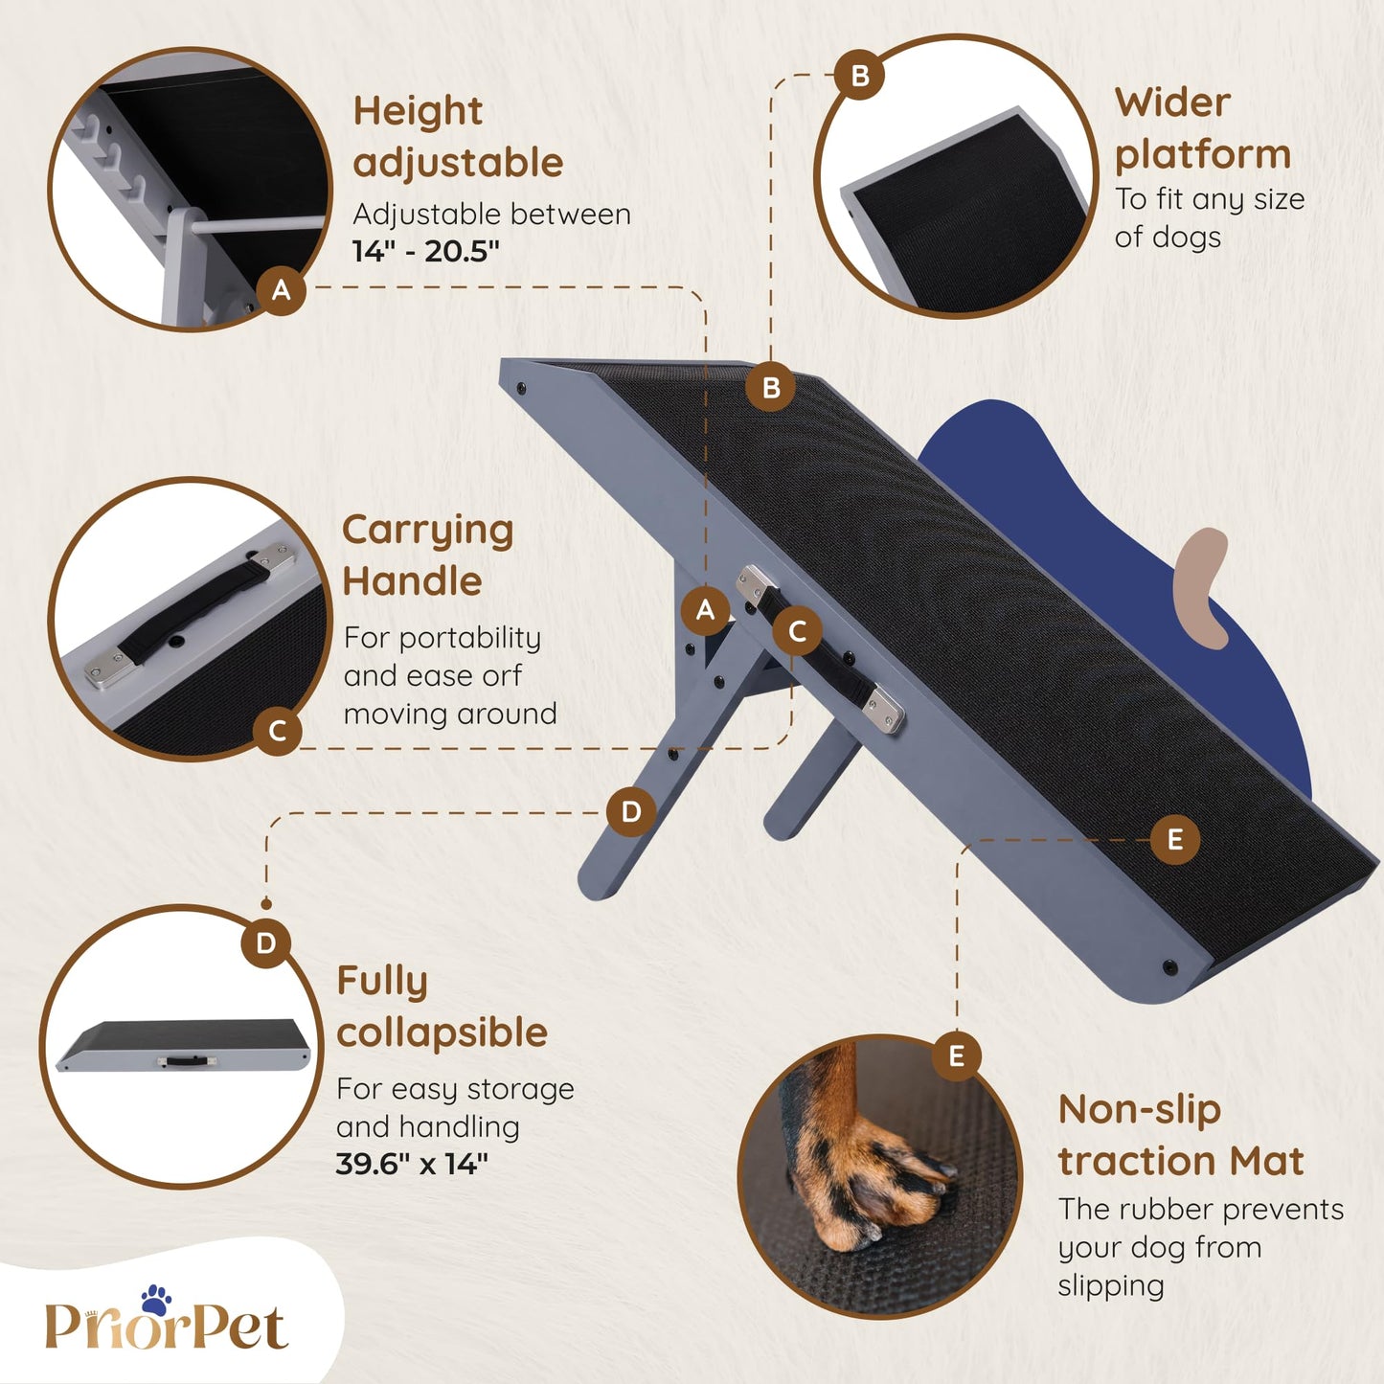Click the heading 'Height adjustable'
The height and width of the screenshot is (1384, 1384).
(458, 137)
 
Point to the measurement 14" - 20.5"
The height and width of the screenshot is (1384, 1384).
(426, 251)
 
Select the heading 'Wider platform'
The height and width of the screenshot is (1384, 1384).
(1202, 129)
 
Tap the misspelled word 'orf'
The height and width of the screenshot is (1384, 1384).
(501, 676)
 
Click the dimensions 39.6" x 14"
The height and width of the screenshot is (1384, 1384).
(412, 1164)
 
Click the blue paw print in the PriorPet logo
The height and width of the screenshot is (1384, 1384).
(156, 1300)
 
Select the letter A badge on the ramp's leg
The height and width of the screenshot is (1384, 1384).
(705, 610)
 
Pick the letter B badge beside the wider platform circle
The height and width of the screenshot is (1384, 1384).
(860, 75)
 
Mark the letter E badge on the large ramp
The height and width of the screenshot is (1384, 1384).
(1174, 839)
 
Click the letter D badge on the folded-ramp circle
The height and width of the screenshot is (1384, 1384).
(265, 943)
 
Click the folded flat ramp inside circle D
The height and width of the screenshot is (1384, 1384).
(184, 1045)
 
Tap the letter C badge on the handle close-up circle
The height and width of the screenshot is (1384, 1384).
(277, 732)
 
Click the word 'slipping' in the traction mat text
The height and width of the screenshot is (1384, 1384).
(1110, 1285)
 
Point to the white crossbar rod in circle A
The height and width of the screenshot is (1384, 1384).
(257, 223)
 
